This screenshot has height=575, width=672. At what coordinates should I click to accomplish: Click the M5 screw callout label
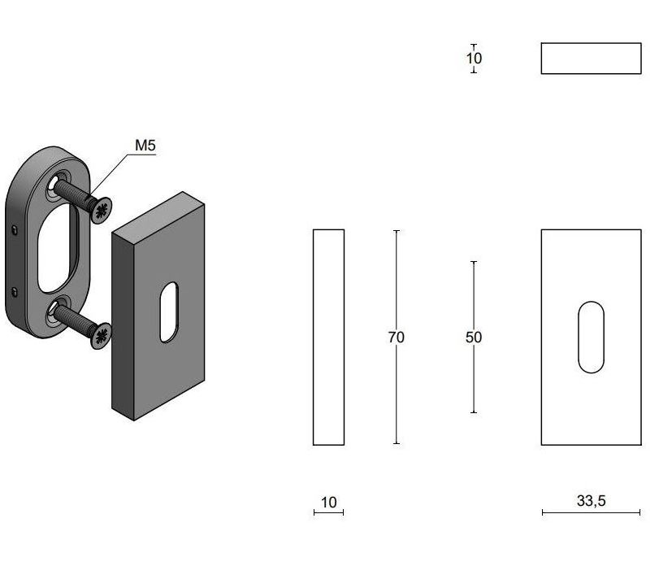[x=145, y=146]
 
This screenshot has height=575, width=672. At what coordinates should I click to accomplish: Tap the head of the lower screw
[x=102, y=334]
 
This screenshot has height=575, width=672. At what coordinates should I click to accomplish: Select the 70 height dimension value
[x=396, y=337]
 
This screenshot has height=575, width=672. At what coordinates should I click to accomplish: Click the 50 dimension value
[x=474, y=337]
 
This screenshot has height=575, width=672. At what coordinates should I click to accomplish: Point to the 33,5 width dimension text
[x=591, y=501]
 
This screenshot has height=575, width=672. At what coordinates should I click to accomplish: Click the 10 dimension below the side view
[x=328, y=503]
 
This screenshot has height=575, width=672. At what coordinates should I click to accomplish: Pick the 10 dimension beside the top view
[x=474, y=59]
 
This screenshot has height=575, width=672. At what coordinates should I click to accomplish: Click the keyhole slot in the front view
[x=591, y=338]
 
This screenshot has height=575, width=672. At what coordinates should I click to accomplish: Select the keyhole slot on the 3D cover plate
[x=168, y=312]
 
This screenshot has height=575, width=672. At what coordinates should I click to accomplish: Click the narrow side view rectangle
[x=328, y=337]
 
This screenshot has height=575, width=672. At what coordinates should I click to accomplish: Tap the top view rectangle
[x=591, y=59]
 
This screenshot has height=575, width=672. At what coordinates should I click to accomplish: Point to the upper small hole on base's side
[x=15, y=230]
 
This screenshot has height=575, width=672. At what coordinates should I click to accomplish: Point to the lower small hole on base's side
[x=15, y=290]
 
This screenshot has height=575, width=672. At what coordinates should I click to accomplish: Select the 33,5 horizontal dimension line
[x=591, y=512]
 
